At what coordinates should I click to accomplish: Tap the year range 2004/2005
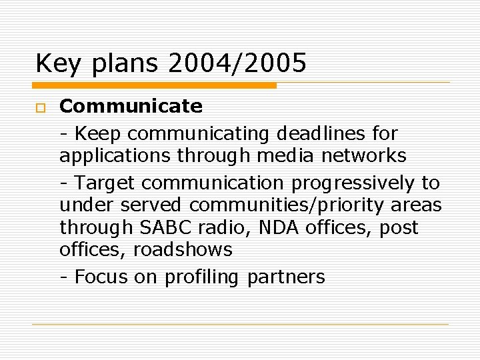(x=237, y=63)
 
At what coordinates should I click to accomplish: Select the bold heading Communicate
(x=131, y=106)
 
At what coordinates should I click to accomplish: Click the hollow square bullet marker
(x=40, y=107)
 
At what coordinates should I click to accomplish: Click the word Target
(x=105, y=183)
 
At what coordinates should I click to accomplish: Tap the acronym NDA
(x=279, y=227)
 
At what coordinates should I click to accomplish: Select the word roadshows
(x=183, y=250)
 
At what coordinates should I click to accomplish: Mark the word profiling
(x=201, y=277)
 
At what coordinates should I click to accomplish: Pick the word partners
(x=286, y=277)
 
